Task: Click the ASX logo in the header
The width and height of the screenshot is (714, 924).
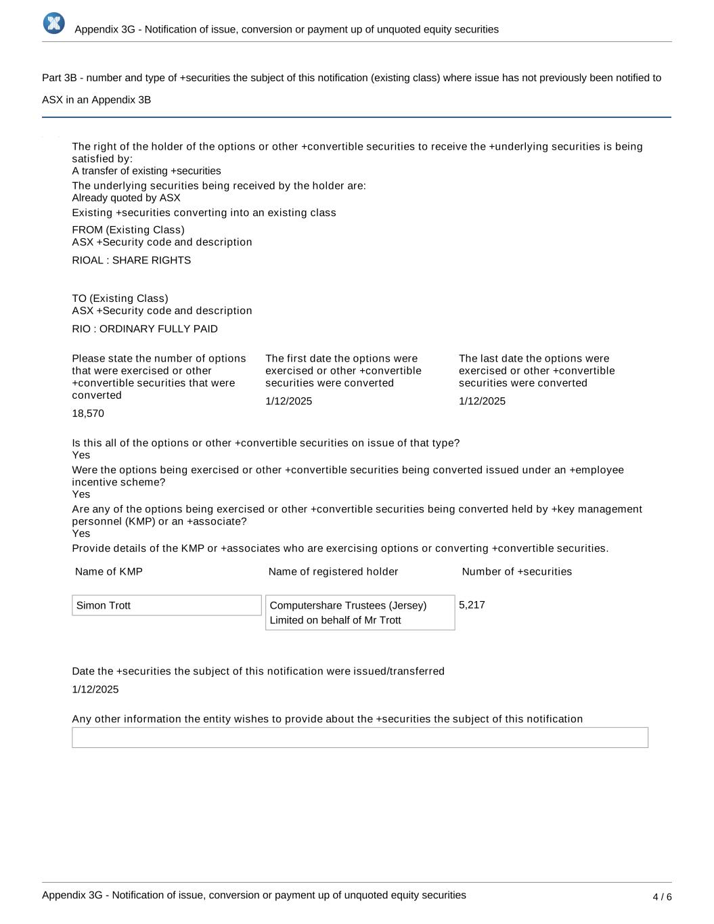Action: tap(54, 23)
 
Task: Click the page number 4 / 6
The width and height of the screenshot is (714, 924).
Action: tap(662, 897)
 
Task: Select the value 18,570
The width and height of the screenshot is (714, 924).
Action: tap(88, 414)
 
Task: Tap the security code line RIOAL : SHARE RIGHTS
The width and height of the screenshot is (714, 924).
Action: tap(131, 261)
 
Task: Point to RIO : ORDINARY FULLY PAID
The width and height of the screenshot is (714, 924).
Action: tap(145, 329)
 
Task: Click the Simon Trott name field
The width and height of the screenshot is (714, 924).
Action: tap(166, 605)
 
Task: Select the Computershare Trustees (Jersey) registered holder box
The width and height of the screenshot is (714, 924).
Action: tap(360, 613)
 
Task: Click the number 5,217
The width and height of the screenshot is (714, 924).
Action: tap(472, 605)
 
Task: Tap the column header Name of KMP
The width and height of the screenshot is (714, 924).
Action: tap(109, 572)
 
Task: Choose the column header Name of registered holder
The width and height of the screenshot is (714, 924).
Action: tap(333, 572)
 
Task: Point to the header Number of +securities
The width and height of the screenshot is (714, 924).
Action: tap(516, 572)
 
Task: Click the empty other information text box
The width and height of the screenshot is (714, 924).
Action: tap(360, 737)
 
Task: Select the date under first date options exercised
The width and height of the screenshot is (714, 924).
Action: tap(289, 401)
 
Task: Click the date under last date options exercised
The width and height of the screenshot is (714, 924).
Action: tap(482, 401)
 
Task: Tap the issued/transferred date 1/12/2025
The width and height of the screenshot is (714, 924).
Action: tap(95, 690)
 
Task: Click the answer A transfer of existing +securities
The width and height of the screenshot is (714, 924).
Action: tap(146, 171)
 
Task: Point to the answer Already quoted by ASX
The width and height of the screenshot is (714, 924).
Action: tap(127, 198)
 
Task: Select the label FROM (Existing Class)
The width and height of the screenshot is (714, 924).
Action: tap(128, 230)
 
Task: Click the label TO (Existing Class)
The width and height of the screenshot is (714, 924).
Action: tap(120, 299)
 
